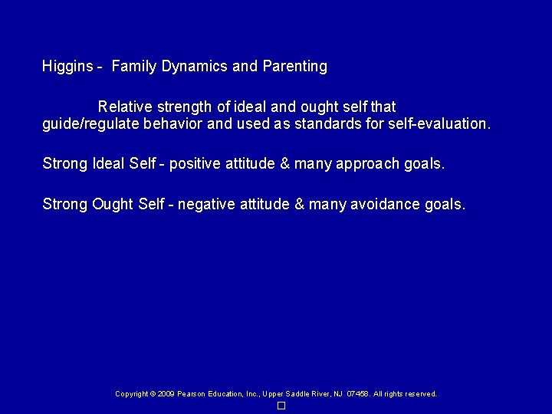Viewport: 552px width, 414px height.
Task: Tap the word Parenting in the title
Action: coord(294,67)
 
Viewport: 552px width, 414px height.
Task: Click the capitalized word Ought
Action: coord(113,205)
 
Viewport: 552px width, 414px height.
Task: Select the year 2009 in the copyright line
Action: coord(166,394)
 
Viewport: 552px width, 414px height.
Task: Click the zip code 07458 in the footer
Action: coord(358,394)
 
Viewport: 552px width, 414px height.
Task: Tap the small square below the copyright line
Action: coord(281,406)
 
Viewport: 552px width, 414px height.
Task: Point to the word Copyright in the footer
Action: coord(131,394)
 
